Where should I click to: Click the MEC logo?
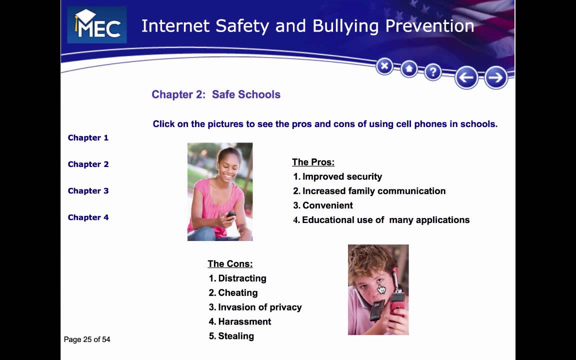coord(96,25)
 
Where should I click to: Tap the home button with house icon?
coord(409,68)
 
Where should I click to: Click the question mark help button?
coord(432,72)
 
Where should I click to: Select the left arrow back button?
coord(466,77)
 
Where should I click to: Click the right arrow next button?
coord(495,77)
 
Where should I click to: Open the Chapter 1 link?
coord(88,137)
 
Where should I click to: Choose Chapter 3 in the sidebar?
coord(88,190)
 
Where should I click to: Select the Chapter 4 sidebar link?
coord(88,217)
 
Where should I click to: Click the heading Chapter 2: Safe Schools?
coord(216,94)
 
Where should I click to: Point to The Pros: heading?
coord(313,162)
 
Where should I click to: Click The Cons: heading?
coord(230,263)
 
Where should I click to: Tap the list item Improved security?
coord(342,176)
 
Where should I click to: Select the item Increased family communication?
coord(373,191)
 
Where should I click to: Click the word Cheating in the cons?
coord(238,292)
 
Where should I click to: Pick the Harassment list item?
coord(244,321)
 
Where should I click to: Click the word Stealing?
coord(236,336)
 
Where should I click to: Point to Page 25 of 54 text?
coord(87,339)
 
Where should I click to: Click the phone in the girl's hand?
coord(231,214)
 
